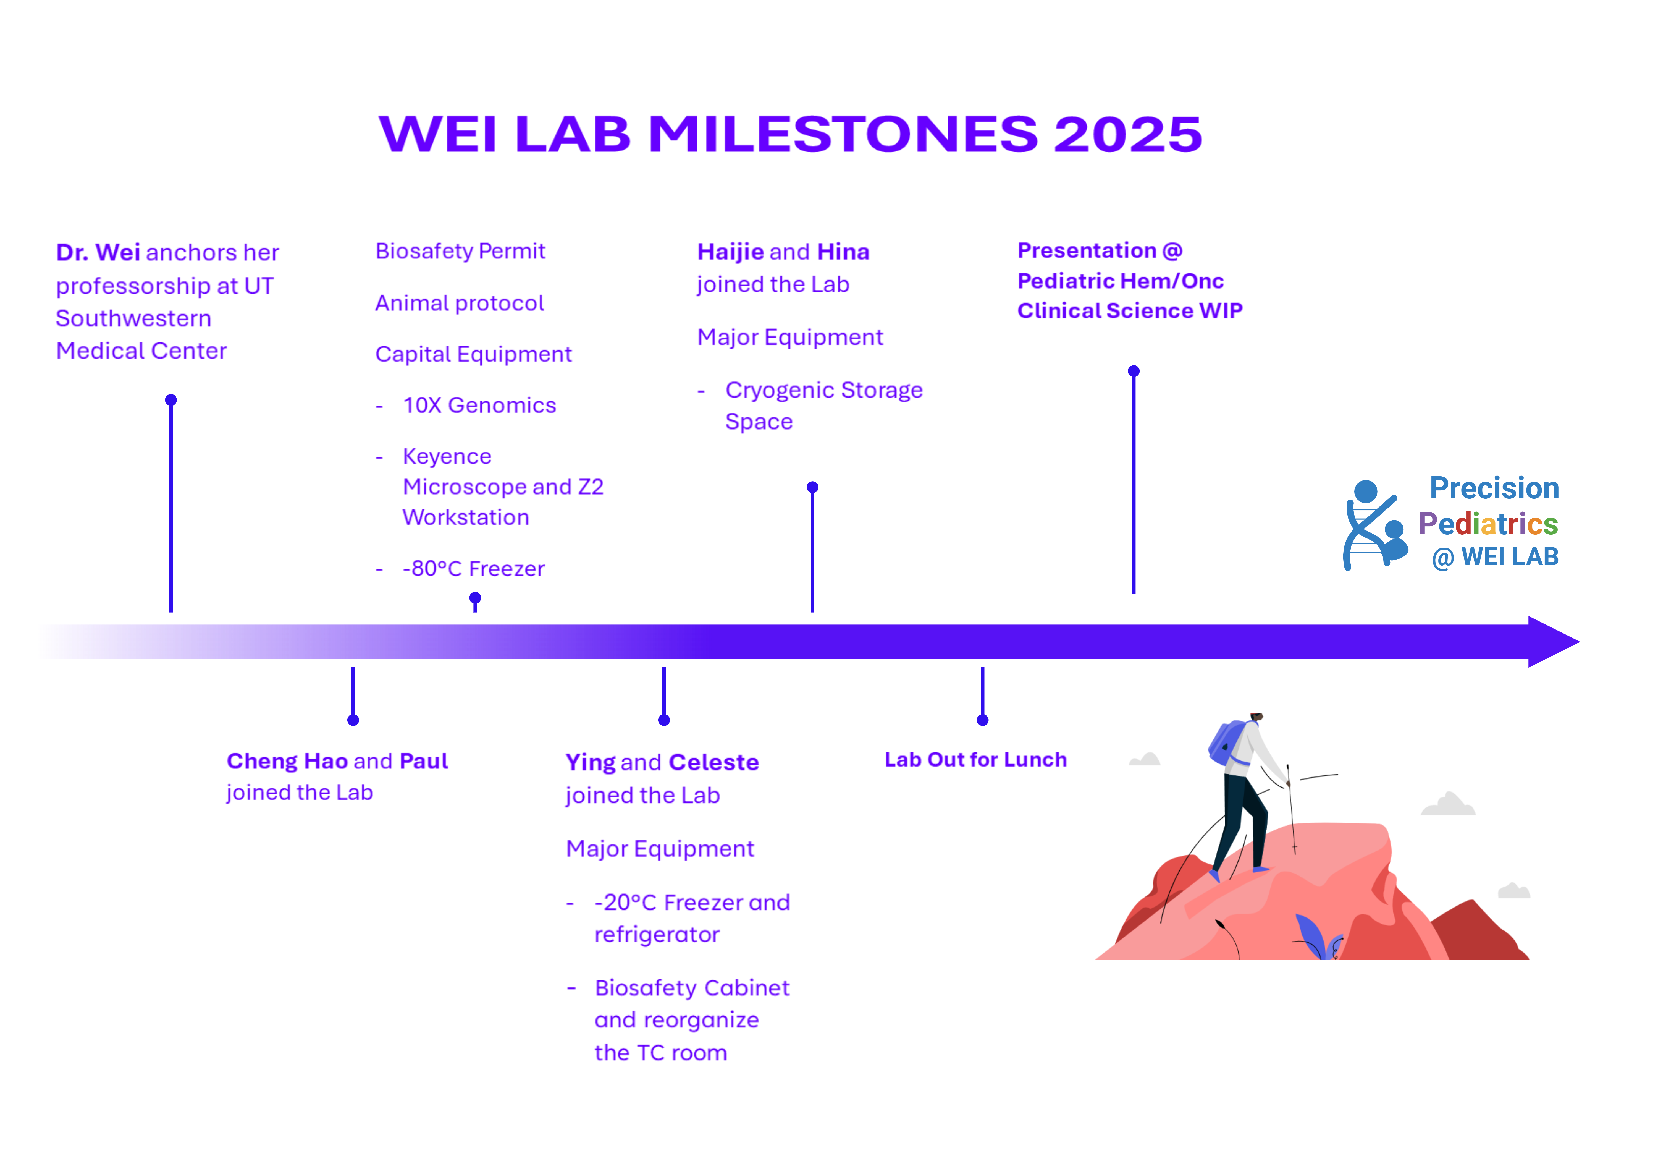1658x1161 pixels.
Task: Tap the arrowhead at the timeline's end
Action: coord(1552,642)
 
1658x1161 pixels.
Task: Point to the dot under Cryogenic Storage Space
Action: coord(812,488)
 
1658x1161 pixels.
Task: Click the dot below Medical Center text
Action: coord(171,400)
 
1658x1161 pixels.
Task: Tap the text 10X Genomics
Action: coord(479,405)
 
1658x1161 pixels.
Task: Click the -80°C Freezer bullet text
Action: coord(474,569)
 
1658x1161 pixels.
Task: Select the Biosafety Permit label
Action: coord(460,252)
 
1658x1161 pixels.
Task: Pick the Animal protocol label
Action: coord(459,304)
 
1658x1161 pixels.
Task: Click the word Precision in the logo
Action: coord(1494,488)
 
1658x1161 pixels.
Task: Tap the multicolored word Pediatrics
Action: coord(1488,524)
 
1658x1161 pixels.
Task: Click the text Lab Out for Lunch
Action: coord(975,760)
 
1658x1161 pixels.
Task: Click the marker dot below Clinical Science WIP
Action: coord(1134,371)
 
